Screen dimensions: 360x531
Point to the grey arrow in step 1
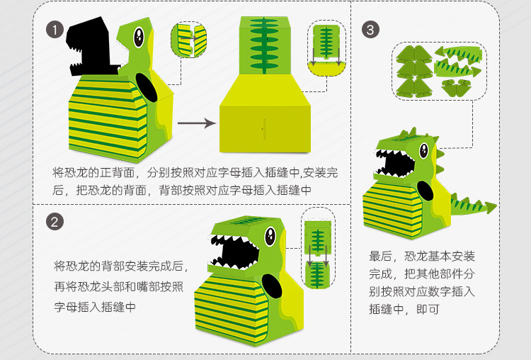coord(196,123)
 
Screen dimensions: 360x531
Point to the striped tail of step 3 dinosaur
coord(473,206)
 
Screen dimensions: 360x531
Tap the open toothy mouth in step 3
coord(394,164)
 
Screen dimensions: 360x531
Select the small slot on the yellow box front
coord(263,130)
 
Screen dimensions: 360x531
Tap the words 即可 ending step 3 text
coord(431,308)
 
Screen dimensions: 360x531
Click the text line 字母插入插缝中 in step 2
coord(96,307)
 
